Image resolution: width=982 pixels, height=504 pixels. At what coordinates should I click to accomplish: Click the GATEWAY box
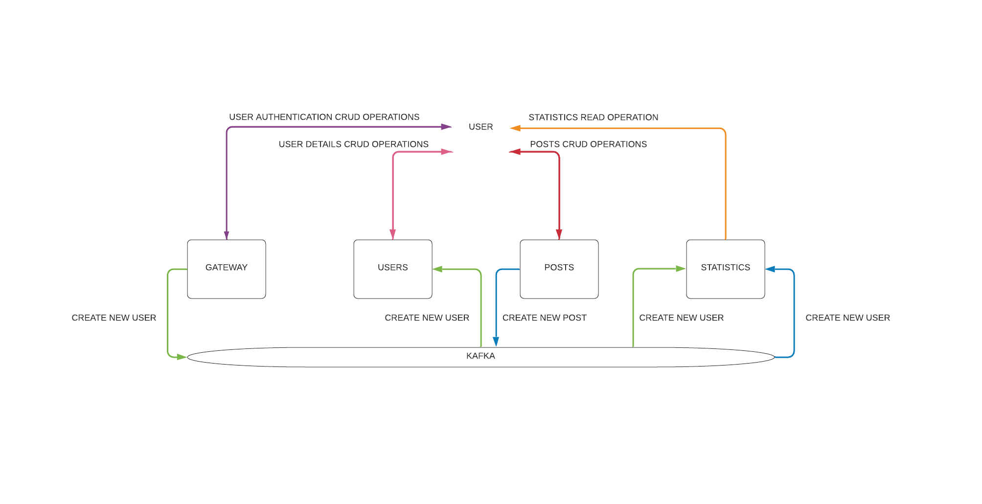coord(226,269)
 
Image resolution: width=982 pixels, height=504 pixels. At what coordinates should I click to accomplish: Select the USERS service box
coord(392,269)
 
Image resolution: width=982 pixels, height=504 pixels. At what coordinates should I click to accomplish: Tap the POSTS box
coord(559,269)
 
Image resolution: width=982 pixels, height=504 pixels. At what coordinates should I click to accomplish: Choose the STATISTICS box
coord(725,269)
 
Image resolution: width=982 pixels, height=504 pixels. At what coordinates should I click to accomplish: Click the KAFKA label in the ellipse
coord(480,356)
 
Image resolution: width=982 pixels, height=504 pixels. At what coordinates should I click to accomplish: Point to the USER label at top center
coord(480,127)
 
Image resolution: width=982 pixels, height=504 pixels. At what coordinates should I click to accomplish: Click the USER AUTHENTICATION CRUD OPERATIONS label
coord(324,117)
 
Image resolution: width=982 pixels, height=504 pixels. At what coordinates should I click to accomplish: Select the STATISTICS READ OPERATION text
coord(593,117)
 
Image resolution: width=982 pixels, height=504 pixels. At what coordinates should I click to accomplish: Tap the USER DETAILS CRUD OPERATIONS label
coord(353,144)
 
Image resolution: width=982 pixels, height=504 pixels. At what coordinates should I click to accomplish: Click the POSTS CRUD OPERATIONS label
coord(588,144)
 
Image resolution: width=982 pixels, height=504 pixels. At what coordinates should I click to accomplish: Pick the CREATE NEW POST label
coord(544,318)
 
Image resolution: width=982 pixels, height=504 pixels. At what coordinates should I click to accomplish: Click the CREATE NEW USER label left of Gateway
coord(114,318)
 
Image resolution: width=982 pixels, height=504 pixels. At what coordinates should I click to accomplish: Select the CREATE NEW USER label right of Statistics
coord(847,318)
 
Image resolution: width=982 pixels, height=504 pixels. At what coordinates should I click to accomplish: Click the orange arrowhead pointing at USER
coord(515,128)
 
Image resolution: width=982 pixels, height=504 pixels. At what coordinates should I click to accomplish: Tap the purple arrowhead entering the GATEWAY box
coord(227,235)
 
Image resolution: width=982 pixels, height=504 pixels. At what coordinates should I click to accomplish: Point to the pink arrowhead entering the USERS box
coord(392,234)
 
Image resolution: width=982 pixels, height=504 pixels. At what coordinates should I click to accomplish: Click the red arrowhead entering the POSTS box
coord(559,234)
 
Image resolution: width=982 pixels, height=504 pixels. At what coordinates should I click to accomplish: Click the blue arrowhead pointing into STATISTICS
coord(770,269)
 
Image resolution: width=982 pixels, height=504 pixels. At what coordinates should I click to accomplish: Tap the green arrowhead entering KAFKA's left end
coord(182,357)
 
